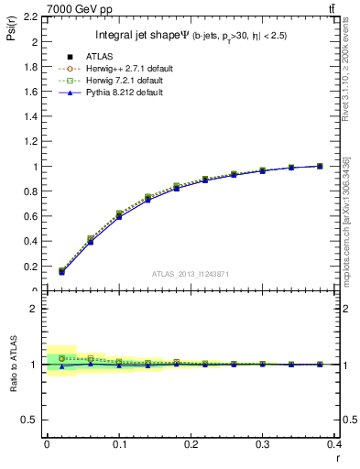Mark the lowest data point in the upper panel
[x=61, y=272]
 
